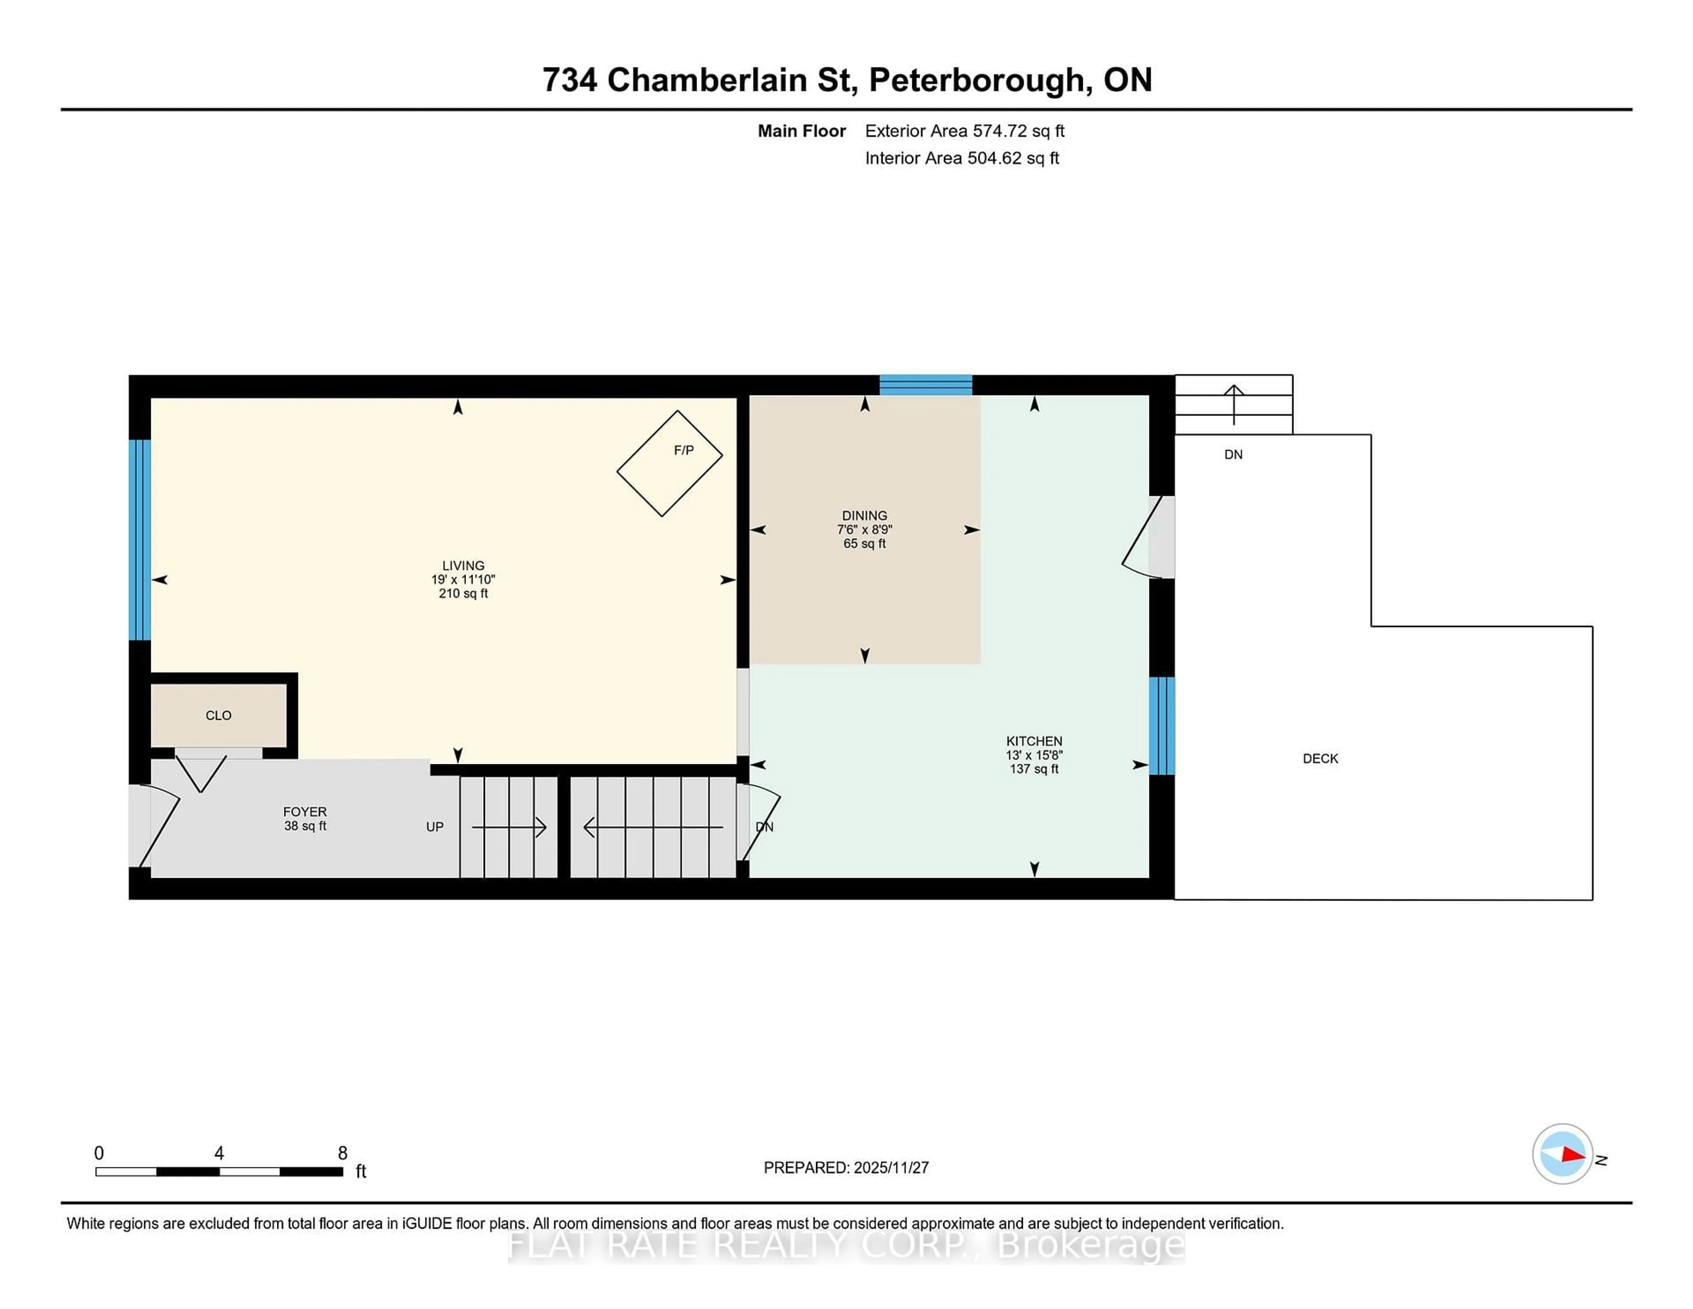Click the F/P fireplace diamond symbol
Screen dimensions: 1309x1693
[669, 464]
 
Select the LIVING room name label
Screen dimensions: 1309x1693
[463, 565]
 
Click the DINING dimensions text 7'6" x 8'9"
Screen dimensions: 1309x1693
[864, 530]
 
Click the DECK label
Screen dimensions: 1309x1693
[1320, 759]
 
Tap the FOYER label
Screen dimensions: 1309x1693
[305, 811]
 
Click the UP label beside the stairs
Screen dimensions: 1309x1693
[434, 827]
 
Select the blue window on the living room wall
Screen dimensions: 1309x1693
[139, 540]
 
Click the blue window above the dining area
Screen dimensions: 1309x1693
[925, 385]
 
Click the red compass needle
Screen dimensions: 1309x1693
[1572, 1155]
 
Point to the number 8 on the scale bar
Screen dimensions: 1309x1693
[342, 1153]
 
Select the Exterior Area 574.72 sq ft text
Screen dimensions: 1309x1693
[964, 131]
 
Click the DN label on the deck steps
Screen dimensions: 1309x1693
[1233, 454]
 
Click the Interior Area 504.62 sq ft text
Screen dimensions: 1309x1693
[961, 158]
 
